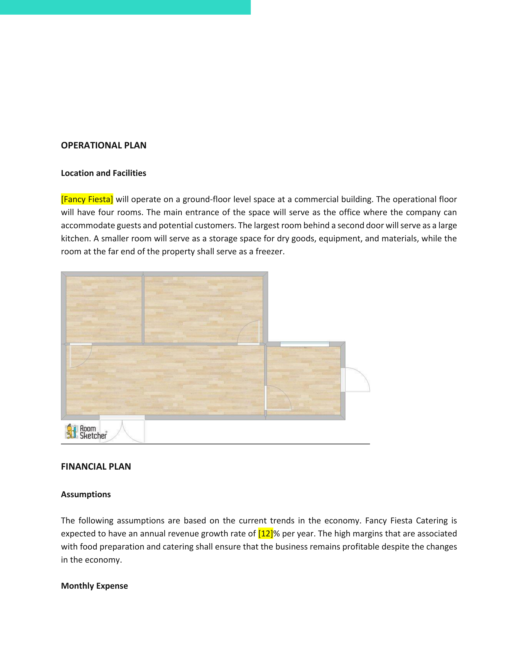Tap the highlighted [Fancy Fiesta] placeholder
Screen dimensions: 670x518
coord(87,199)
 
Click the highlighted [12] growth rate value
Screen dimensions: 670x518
coord(266,534)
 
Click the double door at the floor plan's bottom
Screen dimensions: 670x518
coord(122,429)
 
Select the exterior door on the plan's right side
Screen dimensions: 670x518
coord(356,380)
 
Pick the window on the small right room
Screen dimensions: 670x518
coord(305,344)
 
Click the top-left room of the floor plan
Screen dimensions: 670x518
coord(104,309)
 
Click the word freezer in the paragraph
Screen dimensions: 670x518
coord(269,252)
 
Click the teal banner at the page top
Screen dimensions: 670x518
coord(125,7)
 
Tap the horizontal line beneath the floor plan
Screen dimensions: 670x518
coord(215,444)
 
